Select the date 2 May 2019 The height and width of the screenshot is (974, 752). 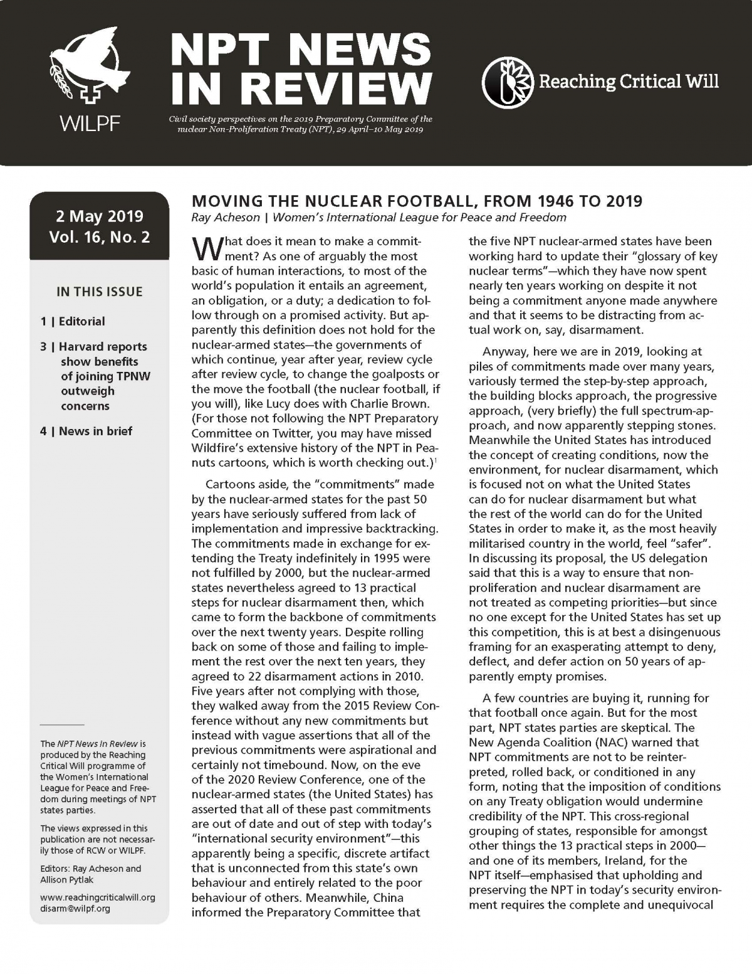(x=100, y=216)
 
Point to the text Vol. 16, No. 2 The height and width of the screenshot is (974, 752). (x=100, y=237)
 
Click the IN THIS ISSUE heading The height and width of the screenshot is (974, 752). (x=100, y=292)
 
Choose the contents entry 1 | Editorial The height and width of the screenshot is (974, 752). (x=73, y=321)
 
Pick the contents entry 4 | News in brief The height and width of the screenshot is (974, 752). (x=86, y=431)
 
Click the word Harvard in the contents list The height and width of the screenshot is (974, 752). (x=80, y=346)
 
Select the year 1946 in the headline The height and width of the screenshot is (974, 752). (x=560, y=201)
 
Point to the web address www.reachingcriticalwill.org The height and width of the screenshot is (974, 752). (x=98, y=897)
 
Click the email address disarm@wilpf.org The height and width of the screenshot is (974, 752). (x=75, y=908)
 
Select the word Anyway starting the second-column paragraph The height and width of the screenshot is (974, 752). (x=506, y=351)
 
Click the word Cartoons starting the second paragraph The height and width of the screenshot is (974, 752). (x=231, y=484)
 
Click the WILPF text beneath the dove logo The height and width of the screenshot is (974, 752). (x=90, y=124)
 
